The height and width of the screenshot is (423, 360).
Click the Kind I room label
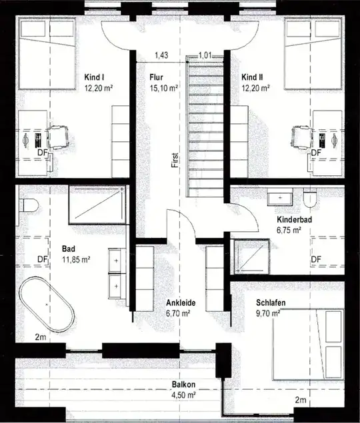[x=93, y=77]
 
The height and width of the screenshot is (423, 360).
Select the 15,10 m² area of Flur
[x=163, y=87]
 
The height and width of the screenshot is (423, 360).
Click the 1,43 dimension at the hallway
[x=161, y=55]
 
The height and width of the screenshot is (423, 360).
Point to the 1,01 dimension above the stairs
[x=205, y=56]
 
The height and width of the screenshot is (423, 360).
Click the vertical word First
[x=174, y=159]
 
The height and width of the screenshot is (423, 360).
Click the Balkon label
[x=183, y=385]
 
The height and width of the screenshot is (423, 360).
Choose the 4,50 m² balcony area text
[x=183, y=394]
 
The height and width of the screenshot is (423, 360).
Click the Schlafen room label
[x=270, y=301]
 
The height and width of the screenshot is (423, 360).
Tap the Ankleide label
[x=179, y=302]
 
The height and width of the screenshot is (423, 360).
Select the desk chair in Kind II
[x=301, y=139]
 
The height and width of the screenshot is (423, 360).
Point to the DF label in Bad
[x=41, y=259]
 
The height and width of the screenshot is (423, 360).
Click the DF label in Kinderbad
[x=317, y=259]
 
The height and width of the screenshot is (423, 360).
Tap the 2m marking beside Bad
[x=41, y=337]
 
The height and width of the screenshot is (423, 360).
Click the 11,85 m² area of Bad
[x=77, y=259]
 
